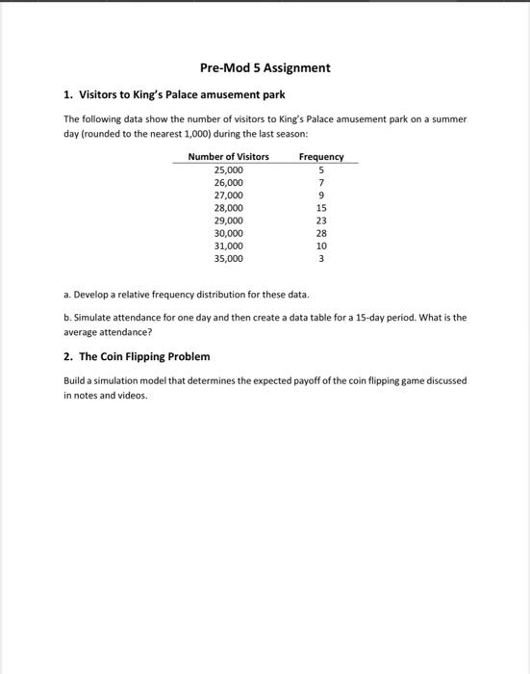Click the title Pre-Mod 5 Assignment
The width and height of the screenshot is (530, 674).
pos(265,68)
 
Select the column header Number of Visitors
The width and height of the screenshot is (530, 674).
pos(228,157)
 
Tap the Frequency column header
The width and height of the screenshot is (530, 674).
pos(321,157)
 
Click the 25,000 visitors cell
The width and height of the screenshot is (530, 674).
pos(228,169)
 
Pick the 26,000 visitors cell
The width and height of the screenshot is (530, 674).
pos(228,182)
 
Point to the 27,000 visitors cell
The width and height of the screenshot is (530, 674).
pos(228,194)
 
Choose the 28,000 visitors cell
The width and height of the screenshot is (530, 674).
pos(228,208)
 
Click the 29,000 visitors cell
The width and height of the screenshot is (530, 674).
pos(228,220)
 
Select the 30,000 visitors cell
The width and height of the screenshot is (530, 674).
pos(228,233)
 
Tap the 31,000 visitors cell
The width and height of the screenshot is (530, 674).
pos(228,246)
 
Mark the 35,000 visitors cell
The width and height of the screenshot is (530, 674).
pos(228,259)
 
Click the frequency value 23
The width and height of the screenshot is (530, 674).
pos(321,220)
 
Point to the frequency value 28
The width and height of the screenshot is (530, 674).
pos(321,233)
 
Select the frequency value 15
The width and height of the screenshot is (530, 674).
pos(321,208)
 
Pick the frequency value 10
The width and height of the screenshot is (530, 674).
pos(321,246)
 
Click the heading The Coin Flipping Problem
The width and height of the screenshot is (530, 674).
pos(144,356)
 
